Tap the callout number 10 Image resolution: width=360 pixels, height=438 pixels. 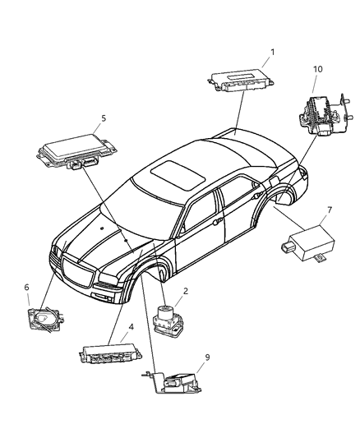[316, 70]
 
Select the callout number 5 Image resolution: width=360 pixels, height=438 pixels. [103, 118]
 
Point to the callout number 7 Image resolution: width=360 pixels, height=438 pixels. [329, 210]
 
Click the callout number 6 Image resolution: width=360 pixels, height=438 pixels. [26, 287]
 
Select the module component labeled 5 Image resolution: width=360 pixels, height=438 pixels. [70, 151]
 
